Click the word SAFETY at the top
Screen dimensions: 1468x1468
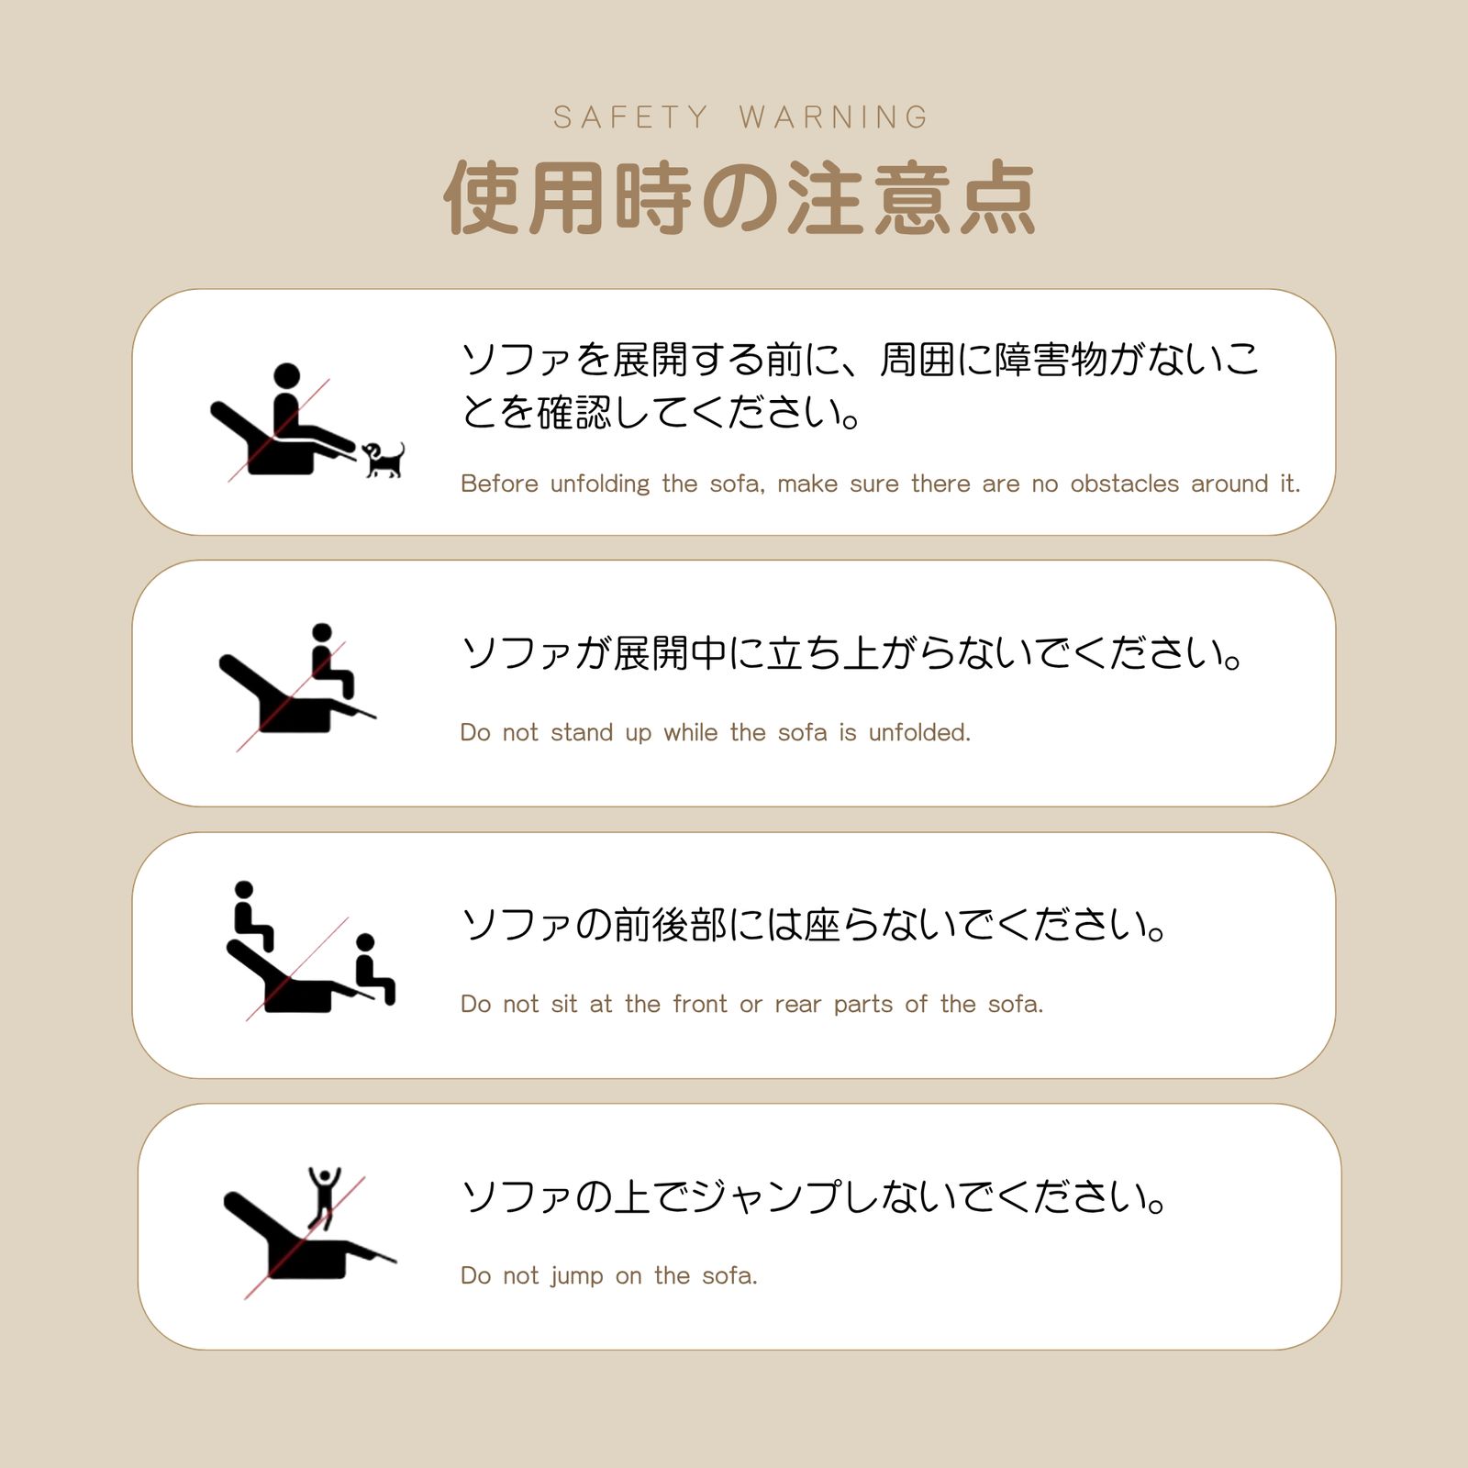(x=631, y=117)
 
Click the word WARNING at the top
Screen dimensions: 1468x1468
(x=834, y=117)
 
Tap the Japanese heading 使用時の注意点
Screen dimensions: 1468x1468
(x=740, y=197)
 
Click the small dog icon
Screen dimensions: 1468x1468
(x=384, y=459)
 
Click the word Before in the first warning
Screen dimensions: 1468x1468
(x=499, y=484)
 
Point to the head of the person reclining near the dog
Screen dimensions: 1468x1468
(x=287, y=375)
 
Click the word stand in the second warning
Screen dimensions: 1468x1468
(x=582, y=732)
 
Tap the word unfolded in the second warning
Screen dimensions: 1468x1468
(x=918, y=732)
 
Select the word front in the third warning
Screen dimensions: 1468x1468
(x=700, y=1004)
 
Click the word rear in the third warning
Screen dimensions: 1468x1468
(x=798, y=1004)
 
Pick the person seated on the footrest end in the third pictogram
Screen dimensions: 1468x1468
(x=373, y=968)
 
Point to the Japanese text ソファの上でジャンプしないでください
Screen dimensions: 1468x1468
(x=813, y=1197)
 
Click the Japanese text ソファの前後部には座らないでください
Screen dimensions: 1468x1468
(x=813, y=925)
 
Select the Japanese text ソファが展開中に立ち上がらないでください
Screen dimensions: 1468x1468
(x=851, y=653)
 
